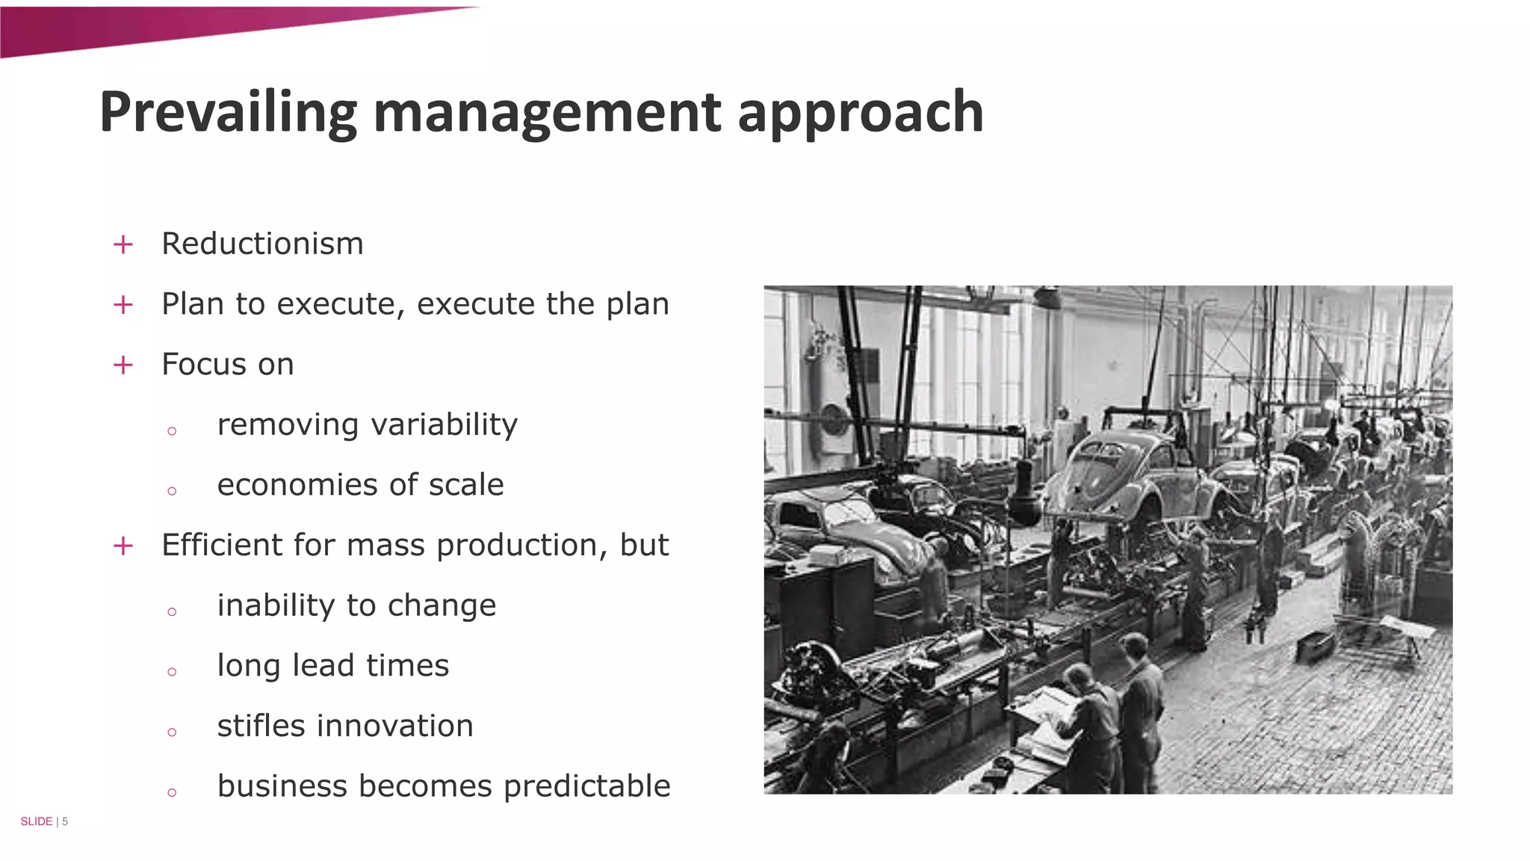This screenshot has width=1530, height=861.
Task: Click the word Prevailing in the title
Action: coord(228,112)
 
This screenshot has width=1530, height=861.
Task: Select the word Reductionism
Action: coord(262,244)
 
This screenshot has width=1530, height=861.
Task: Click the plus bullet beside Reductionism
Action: coord(123,244)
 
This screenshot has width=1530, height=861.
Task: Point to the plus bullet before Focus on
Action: coord(123,365)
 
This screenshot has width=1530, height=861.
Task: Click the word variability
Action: coord(444,425)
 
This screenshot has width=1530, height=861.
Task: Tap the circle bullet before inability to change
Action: coord(172,611)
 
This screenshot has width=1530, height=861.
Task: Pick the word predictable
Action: coord(586,786)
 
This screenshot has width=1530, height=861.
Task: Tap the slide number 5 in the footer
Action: coord(65,821)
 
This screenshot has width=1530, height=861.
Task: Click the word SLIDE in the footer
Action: coord(36,821)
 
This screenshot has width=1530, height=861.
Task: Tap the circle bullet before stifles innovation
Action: coord(172,732)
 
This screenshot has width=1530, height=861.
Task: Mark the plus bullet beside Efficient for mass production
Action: coord(123,546)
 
